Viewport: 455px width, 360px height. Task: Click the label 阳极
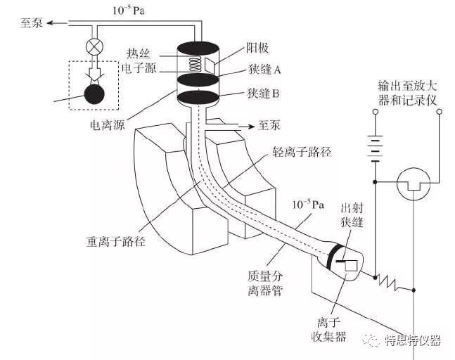(256, 49)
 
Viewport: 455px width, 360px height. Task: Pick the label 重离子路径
(111, 240)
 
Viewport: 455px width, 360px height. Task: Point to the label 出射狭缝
(352, 216)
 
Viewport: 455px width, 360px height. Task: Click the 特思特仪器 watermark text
(412, 340)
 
